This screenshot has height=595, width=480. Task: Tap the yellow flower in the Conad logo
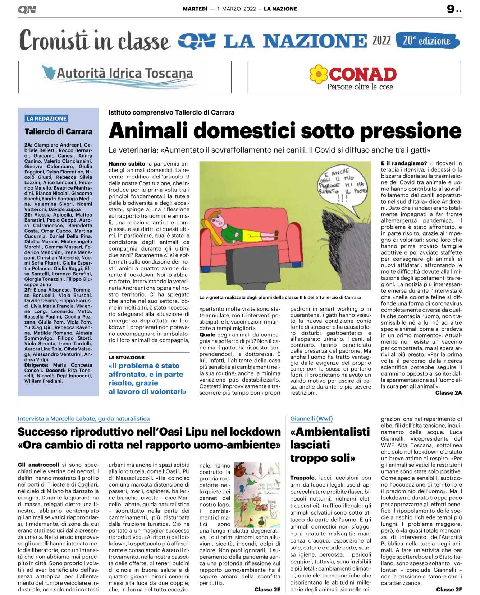click(x=319, y=74)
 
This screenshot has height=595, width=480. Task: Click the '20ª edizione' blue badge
click(x=427, y=41)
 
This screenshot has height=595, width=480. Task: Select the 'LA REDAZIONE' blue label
click(x=46, y=118)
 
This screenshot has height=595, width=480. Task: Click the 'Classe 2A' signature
click(x=448, y=393)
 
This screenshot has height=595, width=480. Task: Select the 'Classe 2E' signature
click(x=267, y=589)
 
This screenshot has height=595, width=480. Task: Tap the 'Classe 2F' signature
click(x=449, y=589)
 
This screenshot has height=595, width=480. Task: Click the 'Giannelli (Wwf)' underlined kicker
click(x=311, y=418)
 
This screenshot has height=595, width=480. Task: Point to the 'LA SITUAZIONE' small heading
click(x=127, y=357)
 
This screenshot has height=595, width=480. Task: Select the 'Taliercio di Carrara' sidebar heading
click(x=58, y=131)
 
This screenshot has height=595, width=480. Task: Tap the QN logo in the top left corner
click(x=27, y=10)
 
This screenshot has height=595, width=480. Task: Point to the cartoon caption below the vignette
click(x=280, y=297)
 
